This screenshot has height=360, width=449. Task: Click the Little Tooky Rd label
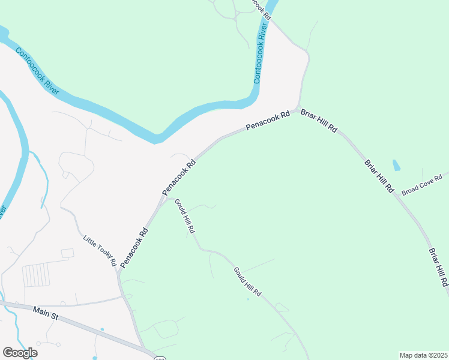coord(100,250)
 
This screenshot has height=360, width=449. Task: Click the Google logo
coord(20,353)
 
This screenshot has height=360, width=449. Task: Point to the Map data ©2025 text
coord(424,355)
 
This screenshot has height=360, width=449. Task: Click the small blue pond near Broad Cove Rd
coord(396,165)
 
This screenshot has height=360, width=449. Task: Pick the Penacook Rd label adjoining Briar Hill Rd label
coord(268,120)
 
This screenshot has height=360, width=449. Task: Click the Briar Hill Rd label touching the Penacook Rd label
coord(319,121)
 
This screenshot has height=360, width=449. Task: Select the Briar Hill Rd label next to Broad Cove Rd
coord(379,176)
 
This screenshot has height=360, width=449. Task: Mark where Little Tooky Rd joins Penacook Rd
coord(118,273)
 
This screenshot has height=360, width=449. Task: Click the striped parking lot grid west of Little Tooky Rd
coord(35,275)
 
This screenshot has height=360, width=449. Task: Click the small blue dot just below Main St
coord(102,329)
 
